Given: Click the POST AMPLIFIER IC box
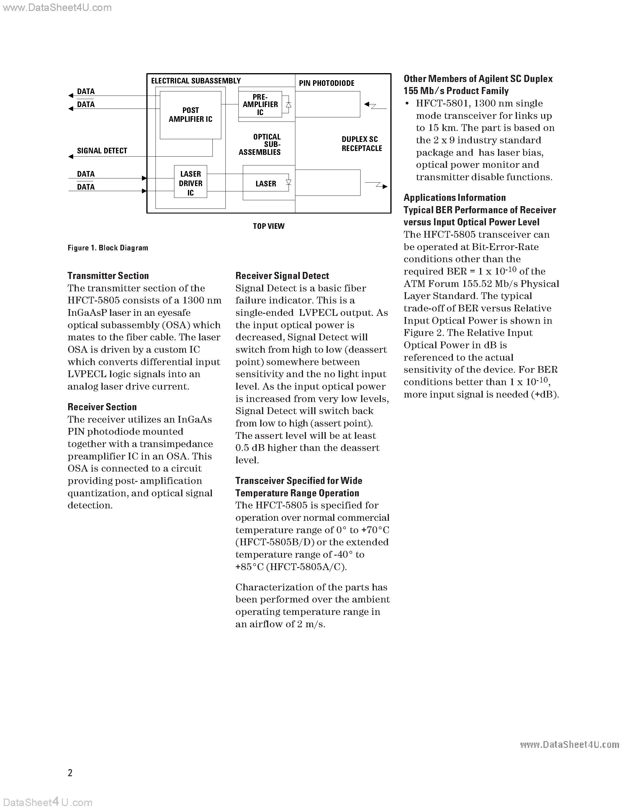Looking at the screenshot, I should pyautogui.click(x=190, y=115).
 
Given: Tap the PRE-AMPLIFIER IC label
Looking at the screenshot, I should pyautogui.click(x=260, y=104).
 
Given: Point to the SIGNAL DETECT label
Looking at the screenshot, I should pyautogui.click(x=102, y=151).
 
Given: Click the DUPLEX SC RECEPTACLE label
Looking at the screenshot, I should pyautogui.click(x=361, y=144).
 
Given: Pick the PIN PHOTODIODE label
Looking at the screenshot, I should pyautogui.click(x=327, y=83).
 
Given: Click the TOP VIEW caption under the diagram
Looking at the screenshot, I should pyautogui.click(x=269, y=226).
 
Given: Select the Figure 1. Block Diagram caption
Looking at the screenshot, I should pyautogui.click(x=108, y=248).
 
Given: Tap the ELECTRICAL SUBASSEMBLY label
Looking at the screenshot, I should pyautogui.click(x=196, y=81).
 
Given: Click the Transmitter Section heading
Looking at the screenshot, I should pyautogui.click(x=108, y=276).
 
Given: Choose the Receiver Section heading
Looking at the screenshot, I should pyautogui.click(x=102, y=407).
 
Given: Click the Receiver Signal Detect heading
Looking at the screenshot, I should pyautogui.click(x=282, y=276).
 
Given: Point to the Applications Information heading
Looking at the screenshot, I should pyautogui.click(x=455, y=198).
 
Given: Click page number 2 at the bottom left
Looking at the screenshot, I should pyautogui.click(x=70, y=773).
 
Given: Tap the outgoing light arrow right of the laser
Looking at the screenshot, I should pyautogui.click(x=376, y=185).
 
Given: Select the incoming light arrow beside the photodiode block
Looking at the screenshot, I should pyautogui.click(x=375, y=106).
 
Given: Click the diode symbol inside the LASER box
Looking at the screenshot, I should pyautogui.click(x=288, y=182).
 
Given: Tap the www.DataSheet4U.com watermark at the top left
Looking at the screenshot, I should pyautogui.click(x=56, y=7).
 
